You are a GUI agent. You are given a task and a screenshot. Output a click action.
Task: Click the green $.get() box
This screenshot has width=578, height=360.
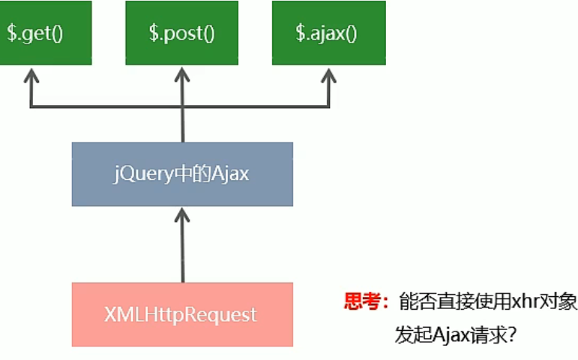[x=45, y=32]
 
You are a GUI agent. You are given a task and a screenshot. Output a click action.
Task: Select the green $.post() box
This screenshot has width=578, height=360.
[x=182, y=32]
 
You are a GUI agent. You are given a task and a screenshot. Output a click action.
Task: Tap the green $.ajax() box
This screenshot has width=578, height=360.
[x=328, y=32]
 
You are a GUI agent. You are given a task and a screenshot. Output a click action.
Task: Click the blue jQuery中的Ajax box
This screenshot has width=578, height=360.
[x=182, y=174]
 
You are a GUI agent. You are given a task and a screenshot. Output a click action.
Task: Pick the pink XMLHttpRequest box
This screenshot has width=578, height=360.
[x=182, y=314]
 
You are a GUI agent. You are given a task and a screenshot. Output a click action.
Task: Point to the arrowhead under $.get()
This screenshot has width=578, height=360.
[x=31, y=76]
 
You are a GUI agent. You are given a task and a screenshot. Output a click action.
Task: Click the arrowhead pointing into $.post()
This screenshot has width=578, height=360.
[x=182, y=76]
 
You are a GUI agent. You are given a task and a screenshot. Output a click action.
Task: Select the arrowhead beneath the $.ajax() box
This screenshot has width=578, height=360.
[x=328, y=76]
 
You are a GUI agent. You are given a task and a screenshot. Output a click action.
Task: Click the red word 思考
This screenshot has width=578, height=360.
[x=363, y=302]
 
